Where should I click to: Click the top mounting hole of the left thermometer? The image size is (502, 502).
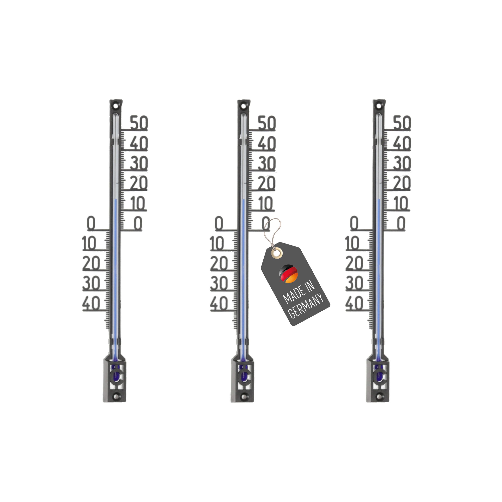pyautogui.click(x=116, y=106)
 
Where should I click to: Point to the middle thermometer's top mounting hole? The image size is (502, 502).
pyautogui.click(x=244, y=106)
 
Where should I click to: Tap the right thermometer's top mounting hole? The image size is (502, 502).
pyautogui.click(x=379, y=106)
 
